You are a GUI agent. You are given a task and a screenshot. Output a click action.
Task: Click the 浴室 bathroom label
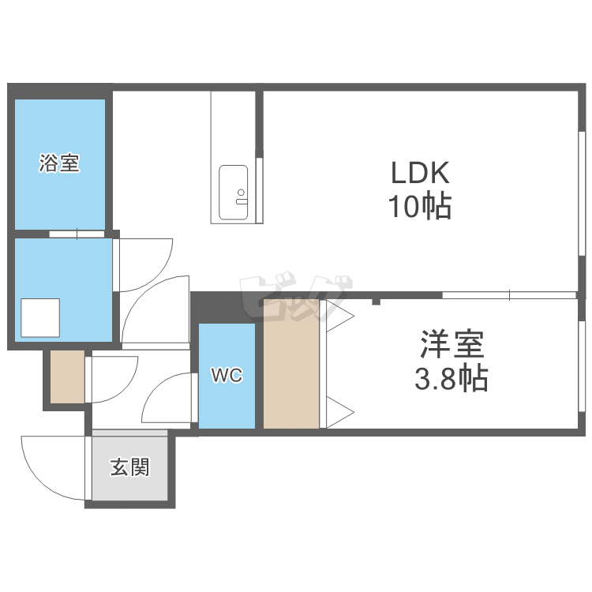pyautogui.click(x=59, y=163)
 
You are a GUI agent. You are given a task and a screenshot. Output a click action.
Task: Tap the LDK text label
pyautogui.click(x=420, y=173)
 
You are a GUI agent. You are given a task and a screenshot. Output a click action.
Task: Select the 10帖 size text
pyautogui.click(x=420, y=206)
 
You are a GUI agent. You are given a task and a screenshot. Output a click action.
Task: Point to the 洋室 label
pyautogui.click(x=452, y=344)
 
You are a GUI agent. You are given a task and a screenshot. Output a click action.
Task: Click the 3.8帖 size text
pyautogui.click(x=451, y=378)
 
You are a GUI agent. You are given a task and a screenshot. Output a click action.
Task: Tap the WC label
pyautogui.click(x=227, y=375)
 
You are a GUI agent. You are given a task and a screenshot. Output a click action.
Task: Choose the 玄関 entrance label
pyautogui.click(x=130, y=467)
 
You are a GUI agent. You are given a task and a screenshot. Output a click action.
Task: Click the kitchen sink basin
pyautogui.click(x=234, y=192)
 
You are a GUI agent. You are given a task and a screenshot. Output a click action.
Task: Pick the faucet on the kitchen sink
pyautogui.click(x=241, y=197)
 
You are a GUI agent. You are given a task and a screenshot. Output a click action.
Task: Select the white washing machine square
pyautogui.click(x=40, y=318)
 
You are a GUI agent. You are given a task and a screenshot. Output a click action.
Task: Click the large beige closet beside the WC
pyautogui.click(x=291, y=364)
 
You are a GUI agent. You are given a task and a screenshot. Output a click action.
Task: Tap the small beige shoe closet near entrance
pyautogui.click(x=68, y=377)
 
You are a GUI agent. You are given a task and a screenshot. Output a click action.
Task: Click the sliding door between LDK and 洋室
pyautogui.click(x=509, y=295)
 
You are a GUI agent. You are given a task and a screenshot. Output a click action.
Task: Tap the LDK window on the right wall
pyautogui.click(x=583, y=193)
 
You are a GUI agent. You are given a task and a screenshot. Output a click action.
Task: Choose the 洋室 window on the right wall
pyautogui.click(x=583, y=366)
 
